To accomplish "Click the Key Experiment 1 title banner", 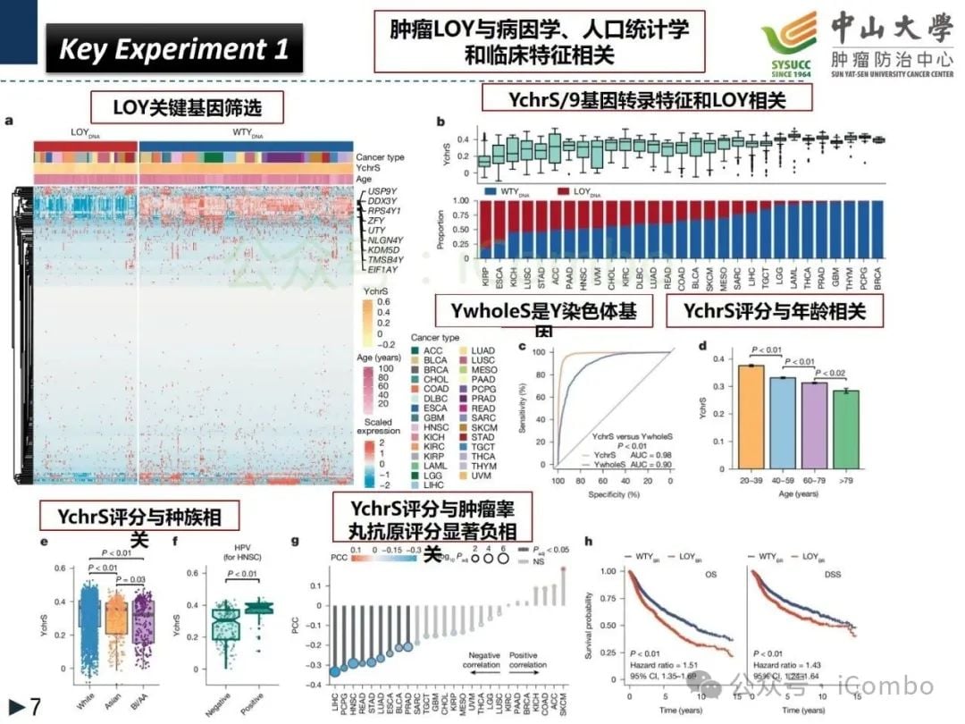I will (174, 48).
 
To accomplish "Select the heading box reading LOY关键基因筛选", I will (187, 108).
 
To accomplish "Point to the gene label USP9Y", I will (382, 191).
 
